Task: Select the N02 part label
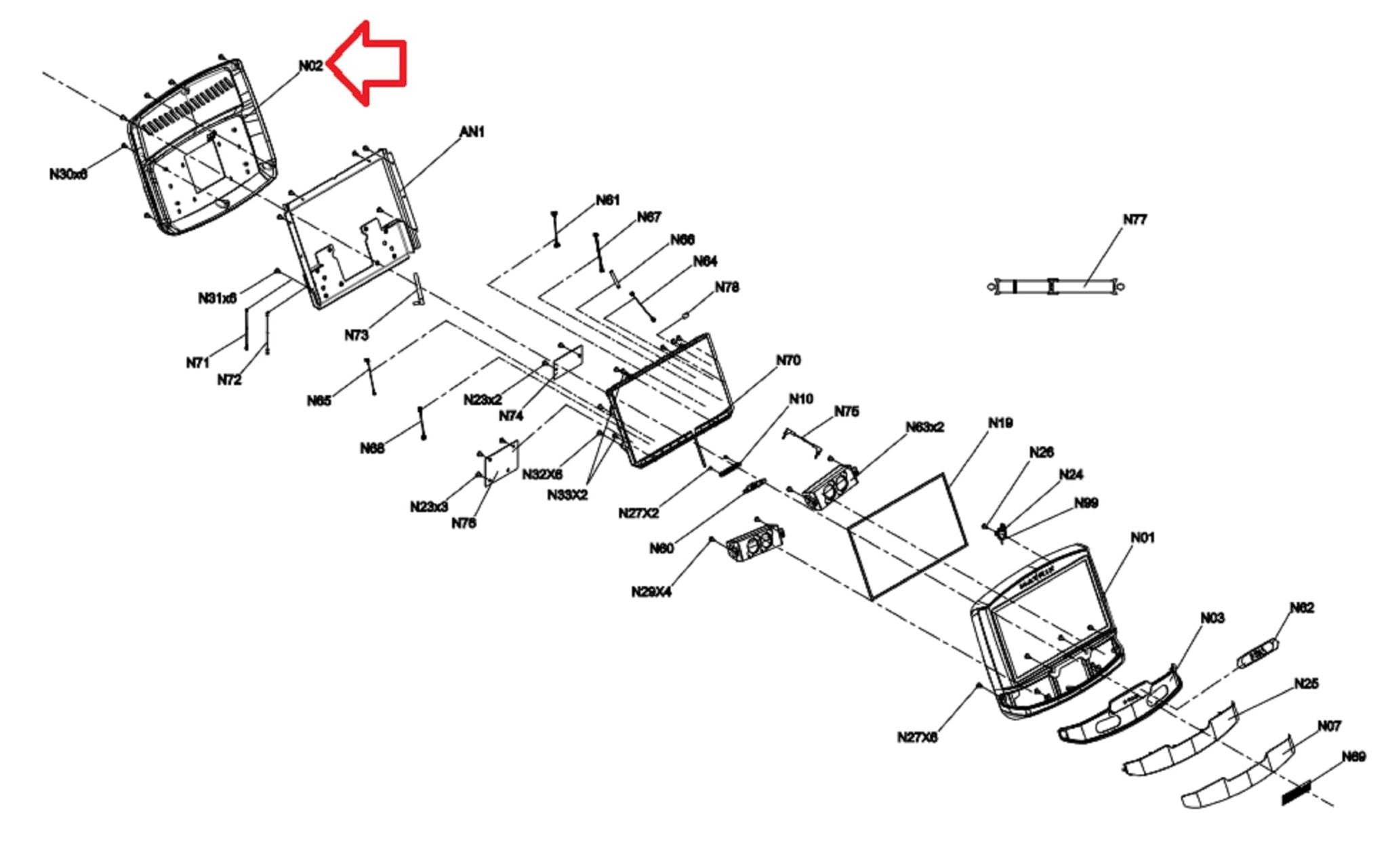[311, 66]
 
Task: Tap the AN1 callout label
[472, 131]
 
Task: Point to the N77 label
[1135, 220]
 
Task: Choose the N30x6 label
[68, 174]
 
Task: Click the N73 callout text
[356, 335]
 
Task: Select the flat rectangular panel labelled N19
[907, 535]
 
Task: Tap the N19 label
[1000, 423]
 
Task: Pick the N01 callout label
[1143, 537]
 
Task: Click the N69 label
[1353, 756]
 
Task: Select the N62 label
[1301, 607]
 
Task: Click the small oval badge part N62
[1258, 655]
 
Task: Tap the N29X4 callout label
[651, 592]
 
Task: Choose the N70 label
[788, 361]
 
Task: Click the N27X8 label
[917, 737]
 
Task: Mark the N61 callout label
[607, 200]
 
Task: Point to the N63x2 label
[924, 427]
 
